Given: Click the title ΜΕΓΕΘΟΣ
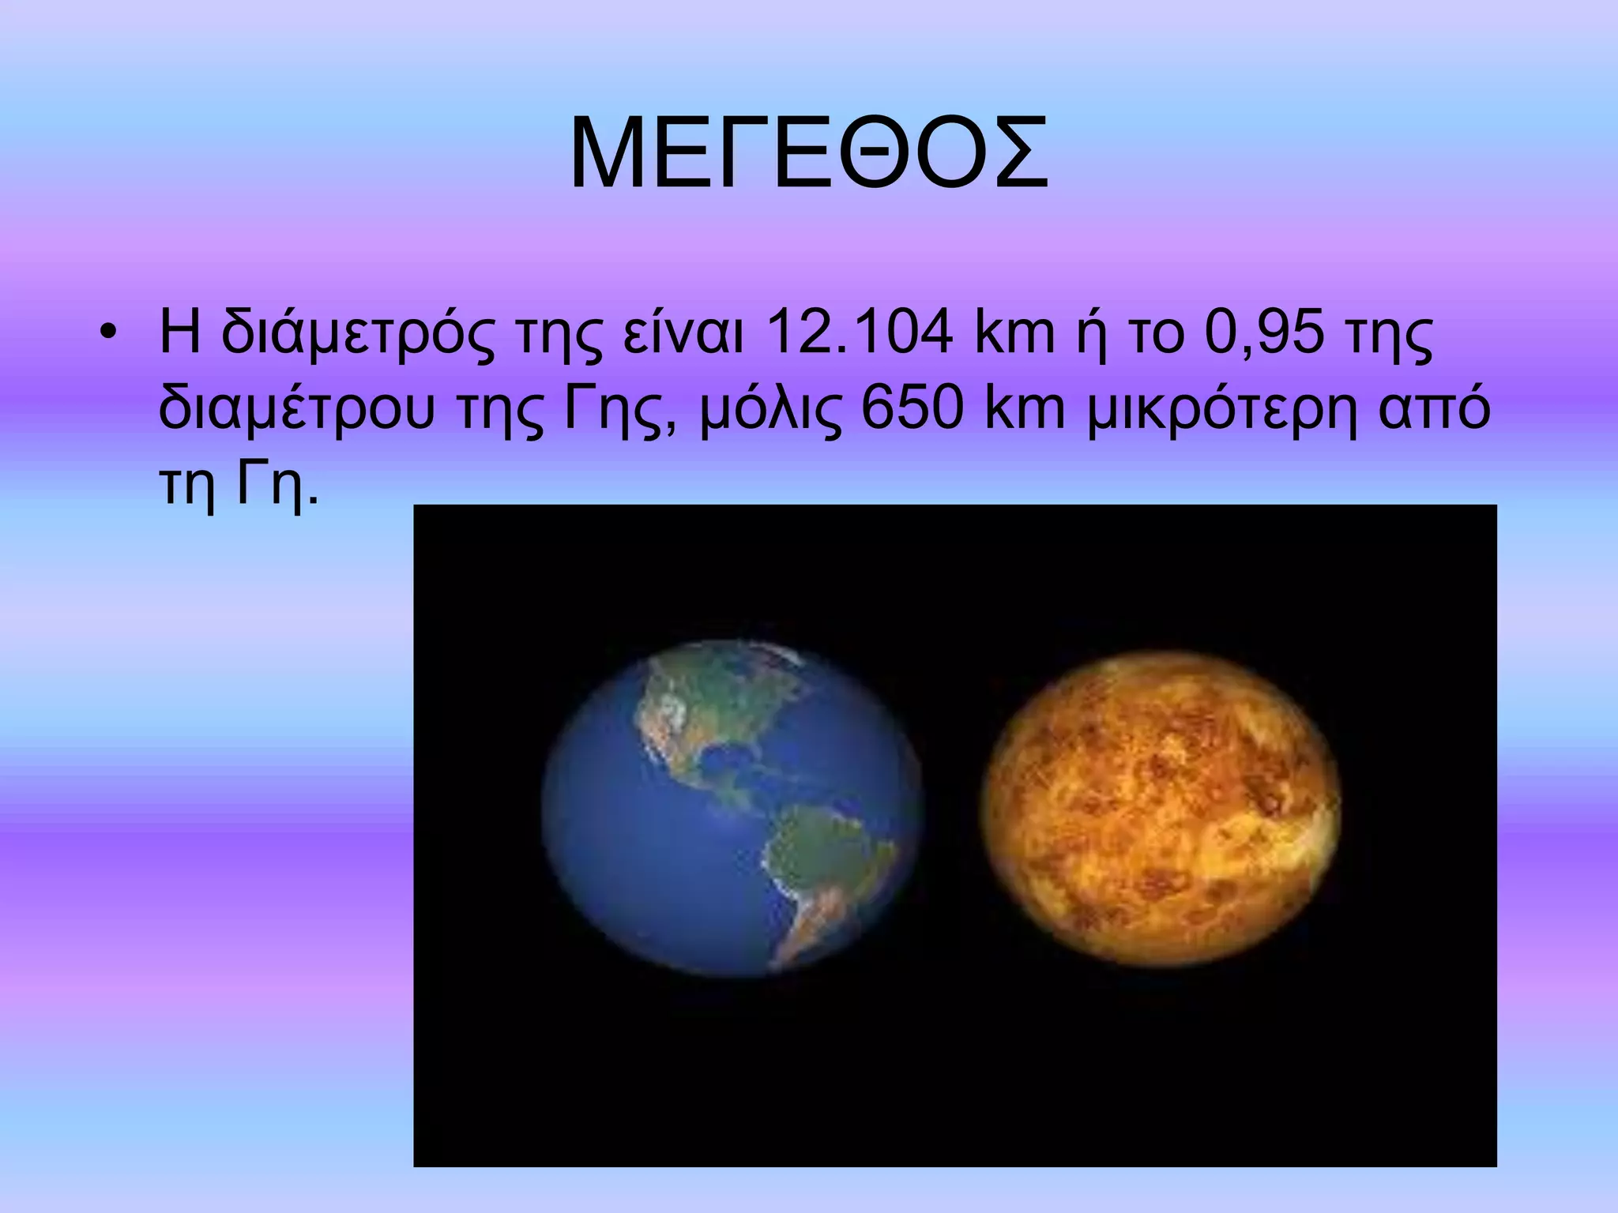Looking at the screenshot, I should click(808, 155).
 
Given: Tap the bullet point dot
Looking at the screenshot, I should click(108, 333).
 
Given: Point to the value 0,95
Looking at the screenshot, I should click(1264, 333).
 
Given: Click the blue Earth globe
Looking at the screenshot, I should click(732, 807).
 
